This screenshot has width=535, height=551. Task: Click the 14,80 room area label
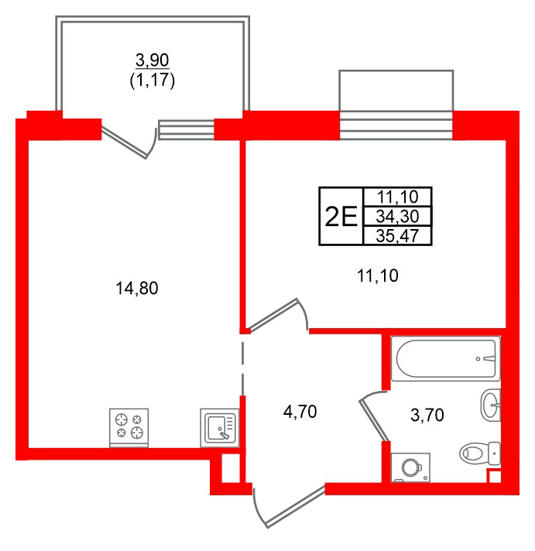point(137,288)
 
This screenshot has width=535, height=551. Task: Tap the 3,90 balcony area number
point(153,60)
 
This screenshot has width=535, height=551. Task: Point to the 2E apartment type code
point(341,216)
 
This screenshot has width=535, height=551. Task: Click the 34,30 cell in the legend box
point(397,216)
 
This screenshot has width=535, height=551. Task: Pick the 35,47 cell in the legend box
point(397,235)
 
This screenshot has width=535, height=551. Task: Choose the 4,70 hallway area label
point(300,412)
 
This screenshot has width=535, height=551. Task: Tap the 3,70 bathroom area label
point(427,415)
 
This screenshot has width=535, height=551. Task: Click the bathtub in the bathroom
point(445,358)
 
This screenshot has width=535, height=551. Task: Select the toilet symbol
point(480,453)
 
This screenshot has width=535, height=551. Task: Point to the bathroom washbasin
point(490,405)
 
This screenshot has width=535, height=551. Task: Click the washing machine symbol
point(410,467)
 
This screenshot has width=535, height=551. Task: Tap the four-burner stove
point(129,428)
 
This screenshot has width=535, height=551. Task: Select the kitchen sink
point(220,428)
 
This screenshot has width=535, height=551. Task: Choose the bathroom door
point(373,416)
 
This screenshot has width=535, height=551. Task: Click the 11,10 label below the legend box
point(378,275)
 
